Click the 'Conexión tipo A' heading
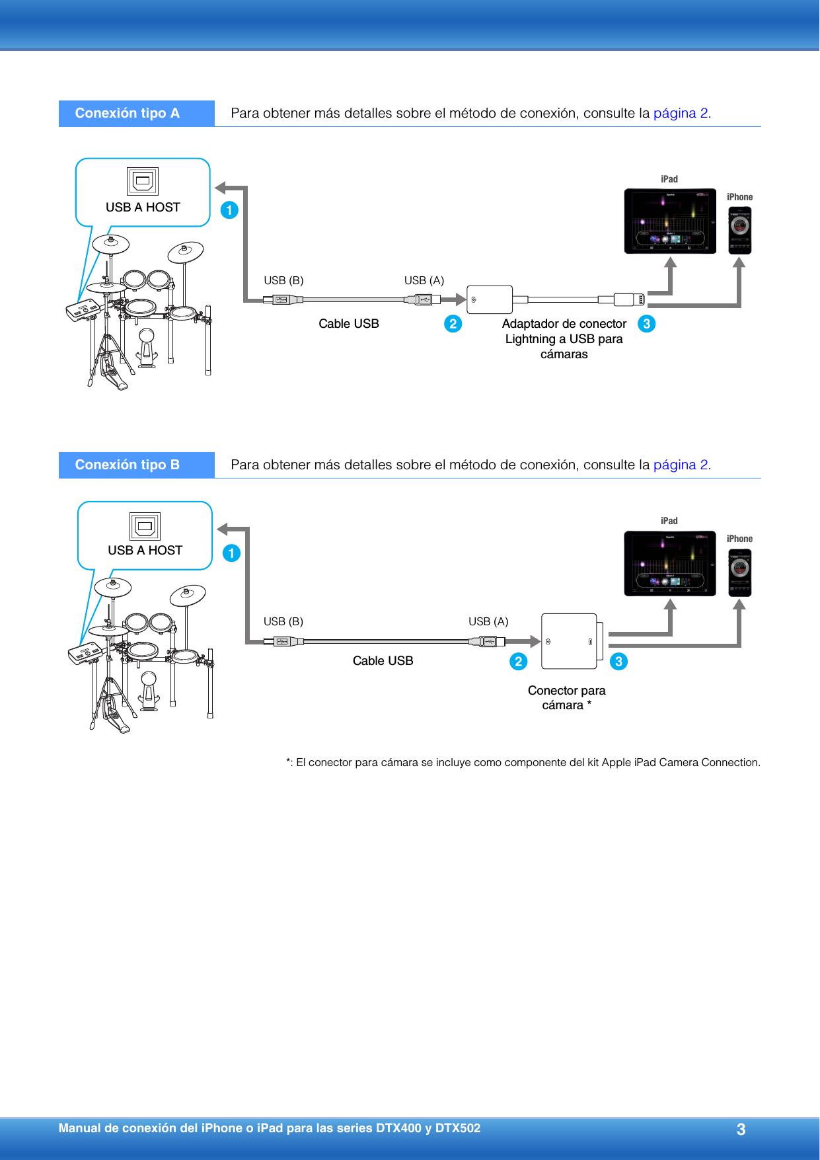click(x=128, y=113)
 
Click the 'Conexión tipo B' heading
click(x=128, y=465)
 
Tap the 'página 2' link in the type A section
click(x=681, y=113)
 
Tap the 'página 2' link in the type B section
click(x=681, y=465)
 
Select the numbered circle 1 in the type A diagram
click(x=229, y=210)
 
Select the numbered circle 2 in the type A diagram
click(x=453, y=324)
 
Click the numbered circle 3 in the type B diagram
click(x=618, y=662)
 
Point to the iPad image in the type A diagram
click(x=670, y=221)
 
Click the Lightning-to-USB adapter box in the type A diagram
click(x=490, y=299)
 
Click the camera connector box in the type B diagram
click(x=570, y=641)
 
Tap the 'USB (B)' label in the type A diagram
click(x=283, y=280)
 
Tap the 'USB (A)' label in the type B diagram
click(x=488, y=621)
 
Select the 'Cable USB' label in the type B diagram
click(x=383, y=660)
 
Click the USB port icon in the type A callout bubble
click(x=143, y=181)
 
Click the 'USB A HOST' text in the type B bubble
click(x=145, y=550)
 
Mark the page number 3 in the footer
click(x=741, y=1130)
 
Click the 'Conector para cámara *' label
click(x=566, y=697)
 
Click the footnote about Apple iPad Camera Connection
click(x=523, y=762)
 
